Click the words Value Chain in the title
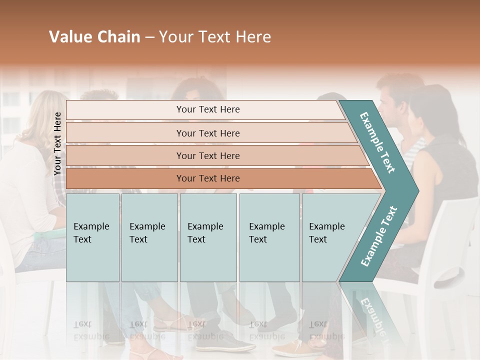click(94, 37)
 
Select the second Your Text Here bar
click(208, 133)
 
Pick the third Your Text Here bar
click(208, 155)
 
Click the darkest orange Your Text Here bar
click(208, 178)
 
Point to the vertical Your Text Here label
click(57, 143)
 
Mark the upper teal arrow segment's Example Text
click(377, 142)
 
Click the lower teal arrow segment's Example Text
click(378, 236)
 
